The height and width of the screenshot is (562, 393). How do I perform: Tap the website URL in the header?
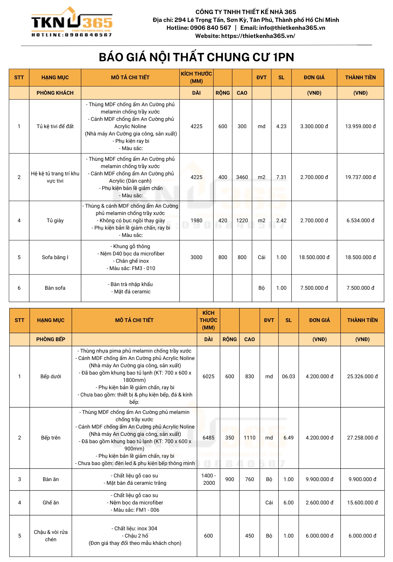(x=258, y=36)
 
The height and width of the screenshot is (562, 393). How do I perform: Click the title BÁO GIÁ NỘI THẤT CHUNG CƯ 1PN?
(x=196, y=57)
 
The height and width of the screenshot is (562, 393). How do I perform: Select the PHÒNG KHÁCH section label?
(x=55, y=93)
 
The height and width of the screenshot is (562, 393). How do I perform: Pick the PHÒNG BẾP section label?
(x=51, y=339)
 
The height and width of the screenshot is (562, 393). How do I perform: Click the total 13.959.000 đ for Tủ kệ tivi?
(x=360, y=126)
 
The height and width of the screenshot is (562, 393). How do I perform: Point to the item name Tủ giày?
(x=55, y=221)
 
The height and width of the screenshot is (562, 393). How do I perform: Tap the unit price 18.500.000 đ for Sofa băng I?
(x=314, y=257)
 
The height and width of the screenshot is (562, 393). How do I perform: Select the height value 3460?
(x=242, y=177)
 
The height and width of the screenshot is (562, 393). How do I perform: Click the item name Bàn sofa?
(x=55, y=288)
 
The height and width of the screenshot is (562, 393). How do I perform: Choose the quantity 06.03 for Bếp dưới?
(x=288, y=377)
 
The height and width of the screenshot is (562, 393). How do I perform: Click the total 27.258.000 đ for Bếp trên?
(x=362, y=438)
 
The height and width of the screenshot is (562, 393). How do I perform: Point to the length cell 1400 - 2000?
(x=209, y=479)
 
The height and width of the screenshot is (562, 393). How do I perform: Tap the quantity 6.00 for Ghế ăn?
(x=288, y=503)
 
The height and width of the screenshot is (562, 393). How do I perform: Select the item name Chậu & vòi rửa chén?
(x=51, y=536)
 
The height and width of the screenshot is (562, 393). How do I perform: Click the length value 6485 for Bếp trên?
(x=208, y=438)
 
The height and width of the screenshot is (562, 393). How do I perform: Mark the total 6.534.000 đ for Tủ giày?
(x=360, y=221)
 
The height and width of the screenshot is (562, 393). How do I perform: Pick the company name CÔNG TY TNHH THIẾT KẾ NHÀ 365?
(x=246, y=12)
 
